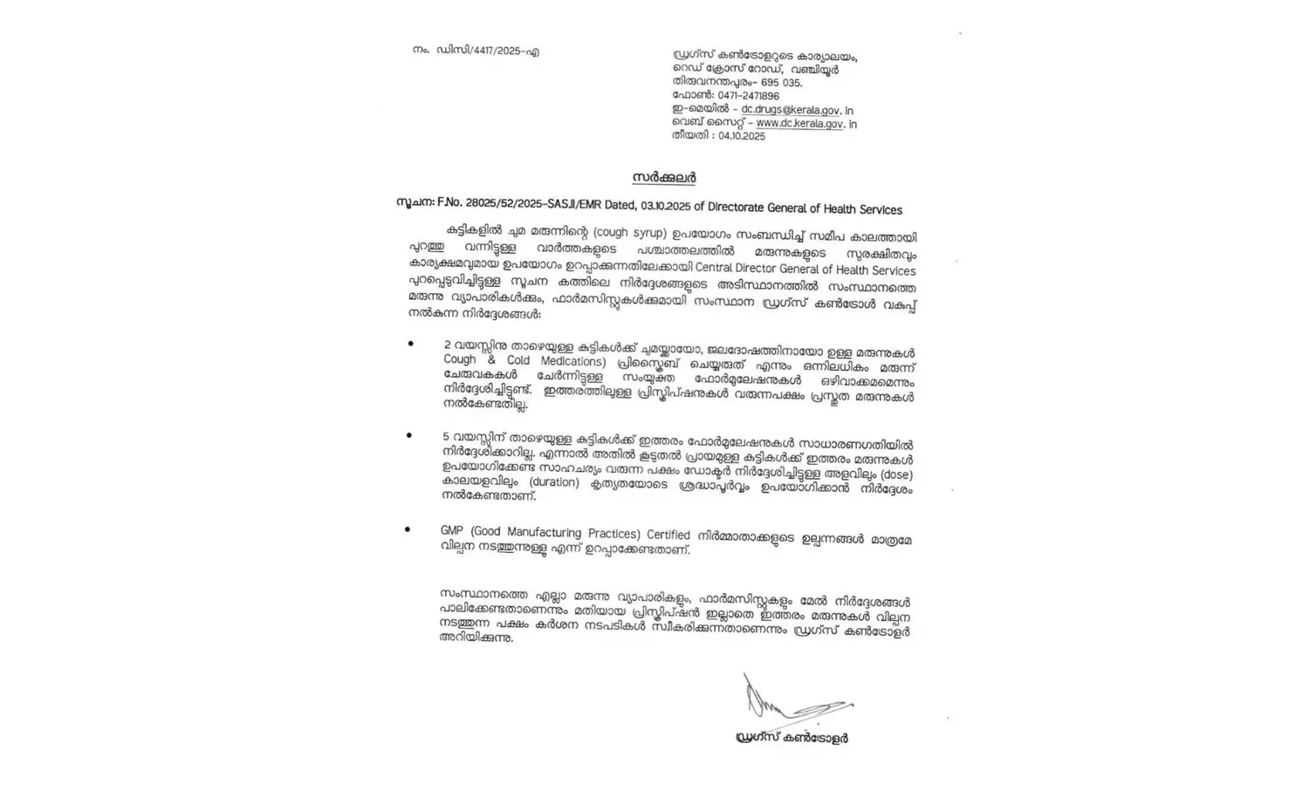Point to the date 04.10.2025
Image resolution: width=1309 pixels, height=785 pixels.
[x=742, y=137]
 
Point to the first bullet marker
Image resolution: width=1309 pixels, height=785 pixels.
[x=411, y=344]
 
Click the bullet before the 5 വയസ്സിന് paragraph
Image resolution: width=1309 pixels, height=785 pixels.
[x=409, y=433]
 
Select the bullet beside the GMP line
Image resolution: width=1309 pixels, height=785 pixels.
[x=408, y=529]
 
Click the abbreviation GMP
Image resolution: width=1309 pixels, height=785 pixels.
[x=453, y=532]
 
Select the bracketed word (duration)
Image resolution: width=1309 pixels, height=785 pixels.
[x=552, y=483]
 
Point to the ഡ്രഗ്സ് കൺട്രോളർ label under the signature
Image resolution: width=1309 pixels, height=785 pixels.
[x=792, y=738]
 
